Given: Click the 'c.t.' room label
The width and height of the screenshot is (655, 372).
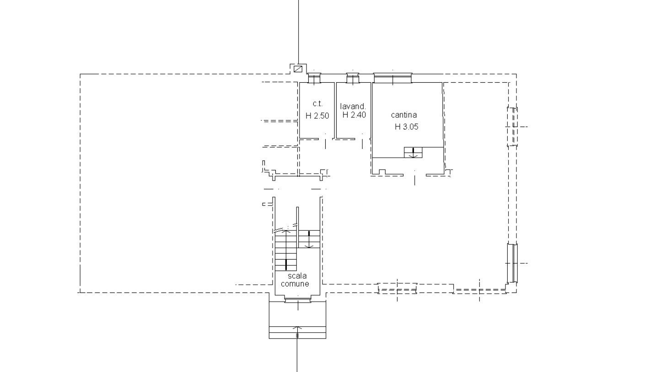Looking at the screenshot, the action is point(317,103).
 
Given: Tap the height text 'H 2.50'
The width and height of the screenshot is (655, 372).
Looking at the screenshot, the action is point(317,116).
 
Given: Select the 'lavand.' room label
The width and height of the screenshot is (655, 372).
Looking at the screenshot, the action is point(353,106).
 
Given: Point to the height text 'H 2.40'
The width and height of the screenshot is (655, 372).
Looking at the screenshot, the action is point(354,115).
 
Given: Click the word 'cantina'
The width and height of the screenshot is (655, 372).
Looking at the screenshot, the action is point(404,115).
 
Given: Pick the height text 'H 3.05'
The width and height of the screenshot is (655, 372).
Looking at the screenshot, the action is point(407,127).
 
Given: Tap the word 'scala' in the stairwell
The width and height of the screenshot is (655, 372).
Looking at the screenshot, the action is point(297,276).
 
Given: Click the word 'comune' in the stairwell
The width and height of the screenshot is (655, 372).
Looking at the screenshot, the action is point(295,284).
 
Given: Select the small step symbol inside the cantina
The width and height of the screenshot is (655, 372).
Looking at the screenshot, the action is point(413,153).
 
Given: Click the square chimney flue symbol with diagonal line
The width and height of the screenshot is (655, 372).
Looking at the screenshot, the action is point(298,69).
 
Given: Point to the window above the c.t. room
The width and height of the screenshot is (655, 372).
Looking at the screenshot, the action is point(314,78).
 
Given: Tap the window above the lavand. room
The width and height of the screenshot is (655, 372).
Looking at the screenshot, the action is point(353,78).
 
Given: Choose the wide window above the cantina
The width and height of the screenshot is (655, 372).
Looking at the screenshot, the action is point(393,78).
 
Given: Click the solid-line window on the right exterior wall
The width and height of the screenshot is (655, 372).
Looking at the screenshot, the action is point(512,263).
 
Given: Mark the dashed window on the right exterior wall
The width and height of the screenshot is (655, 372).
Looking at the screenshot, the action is point(512,127).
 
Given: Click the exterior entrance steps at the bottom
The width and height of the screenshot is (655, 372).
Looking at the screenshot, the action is point(297,333).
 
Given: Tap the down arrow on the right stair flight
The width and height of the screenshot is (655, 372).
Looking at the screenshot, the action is point(309,239).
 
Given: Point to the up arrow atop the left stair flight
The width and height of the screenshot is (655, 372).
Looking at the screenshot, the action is point(286,231).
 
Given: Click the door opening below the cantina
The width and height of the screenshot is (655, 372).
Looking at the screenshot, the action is point(415,175).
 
